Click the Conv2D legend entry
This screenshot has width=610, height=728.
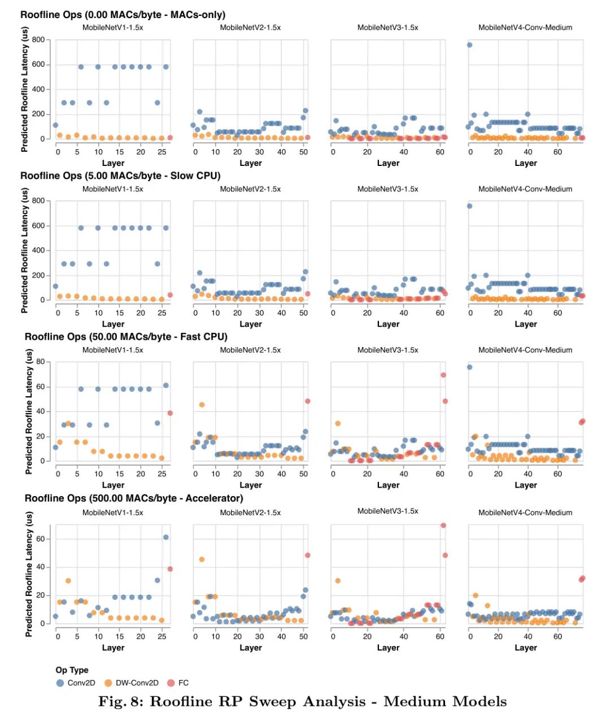point(81,683)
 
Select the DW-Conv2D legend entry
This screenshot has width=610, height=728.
point(137,683)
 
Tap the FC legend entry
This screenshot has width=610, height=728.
point(183,683)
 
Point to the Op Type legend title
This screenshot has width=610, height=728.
point(72,670)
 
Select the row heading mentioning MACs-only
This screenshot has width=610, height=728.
point(123,15)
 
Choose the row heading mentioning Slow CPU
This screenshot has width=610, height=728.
point(120,176)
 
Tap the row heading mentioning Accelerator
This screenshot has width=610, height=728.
point(134,498)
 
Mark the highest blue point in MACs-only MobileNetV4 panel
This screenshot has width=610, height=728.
point(469,45)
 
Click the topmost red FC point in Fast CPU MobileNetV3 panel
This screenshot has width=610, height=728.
point(443,375)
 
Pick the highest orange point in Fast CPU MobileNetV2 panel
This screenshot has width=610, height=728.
point(202,405)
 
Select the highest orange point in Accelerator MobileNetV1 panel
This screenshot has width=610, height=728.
point(68,581)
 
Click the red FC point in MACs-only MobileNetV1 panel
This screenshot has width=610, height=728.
point(170,138)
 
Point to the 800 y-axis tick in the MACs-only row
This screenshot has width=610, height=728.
point(38,40)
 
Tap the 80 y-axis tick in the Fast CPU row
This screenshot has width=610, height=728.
point(41,362)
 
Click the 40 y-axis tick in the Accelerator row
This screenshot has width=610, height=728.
point(41,567)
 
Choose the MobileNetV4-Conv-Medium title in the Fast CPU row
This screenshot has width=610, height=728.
point(525,350)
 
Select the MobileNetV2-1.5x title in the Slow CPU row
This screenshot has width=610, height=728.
point(250,189)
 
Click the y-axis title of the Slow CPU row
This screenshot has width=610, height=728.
point(24,251)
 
